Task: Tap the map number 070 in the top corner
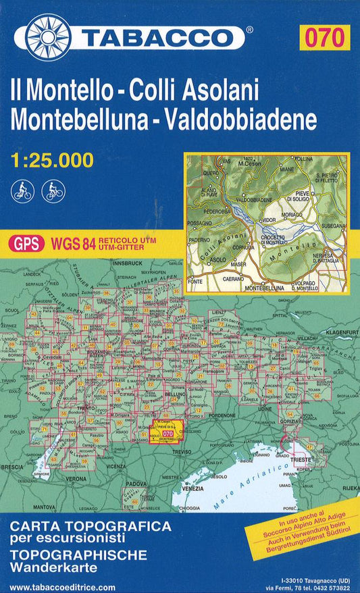[328, 36]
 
